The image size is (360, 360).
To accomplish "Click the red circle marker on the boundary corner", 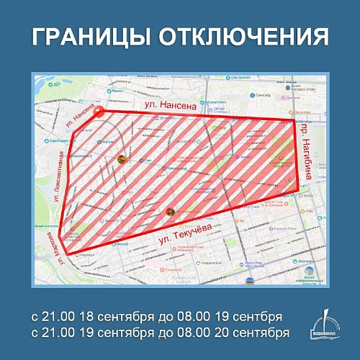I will pos(99,112).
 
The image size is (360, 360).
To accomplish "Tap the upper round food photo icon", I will pos(121,158).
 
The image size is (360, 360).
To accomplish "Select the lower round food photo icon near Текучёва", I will pos(171,212).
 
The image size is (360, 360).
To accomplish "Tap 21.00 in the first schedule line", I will pos(49,317).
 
